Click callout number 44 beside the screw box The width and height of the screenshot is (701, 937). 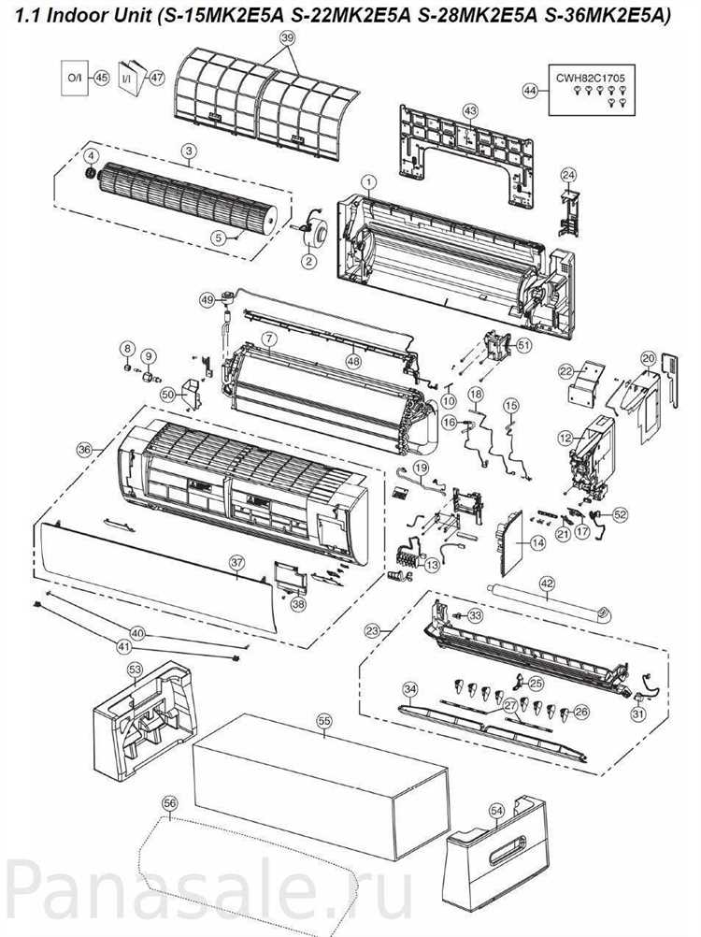click(531, 91)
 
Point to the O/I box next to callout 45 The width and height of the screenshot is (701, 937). click(75, 79)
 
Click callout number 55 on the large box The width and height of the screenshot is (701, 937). click(324, 721)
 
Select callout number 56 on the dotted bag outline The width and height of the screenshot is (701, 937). click(169, 802)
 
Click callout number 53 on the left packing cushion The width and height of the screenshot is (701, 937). click(135, 670)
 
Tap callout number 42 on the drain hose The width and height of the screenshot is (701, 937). click(547, 584)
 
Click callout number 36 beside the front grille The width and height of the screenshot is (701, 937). click(84, 450)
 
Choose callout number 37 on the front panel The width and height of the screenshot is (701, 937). click(237, 562)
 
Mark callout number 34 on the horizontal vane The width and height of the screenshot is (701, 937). click(409, 689)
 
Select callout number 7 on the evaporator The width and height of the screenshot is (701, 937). click(267, 337)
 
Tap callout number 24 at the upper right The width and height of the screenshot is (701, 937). click(568, 175)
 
